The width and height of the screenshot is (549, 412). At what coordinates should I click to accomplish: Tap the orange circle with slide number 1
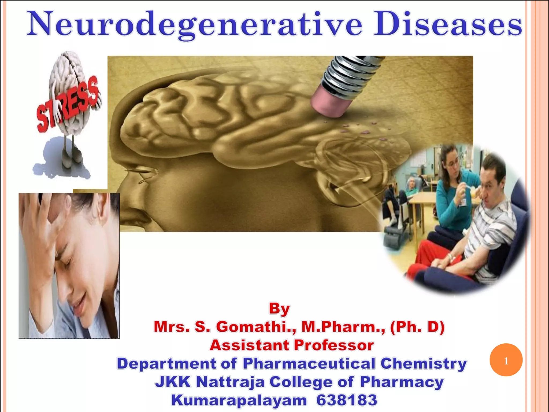506,360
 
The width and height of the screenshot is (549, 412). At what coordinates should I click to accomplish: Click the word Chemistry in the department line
423,364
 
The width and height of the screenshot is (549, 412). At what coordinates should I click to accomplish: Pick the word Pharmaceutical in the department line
309,364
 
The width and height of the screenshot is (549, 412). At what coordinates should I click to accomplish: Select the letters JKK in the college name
173,382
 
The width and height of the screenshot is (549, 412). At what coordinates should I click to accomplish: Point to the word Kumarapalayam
239,400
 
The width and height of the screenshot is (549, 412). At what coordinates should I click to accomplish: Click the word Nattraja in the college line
230,382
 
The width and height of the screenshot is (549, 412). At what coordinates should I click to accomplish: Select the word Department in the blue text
166,364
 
